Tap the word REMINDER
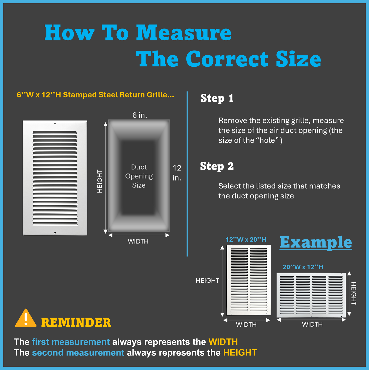tap(76, 323)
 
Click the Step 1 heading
tap(217, 98)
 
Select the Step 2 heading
tap(217, 166)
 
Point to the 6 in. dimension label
tap(140, 115)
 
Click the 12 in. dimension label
tap(177, 173)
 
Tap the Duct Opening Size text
tap(139, 176)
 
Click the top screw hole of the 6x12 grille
tap(55, 124)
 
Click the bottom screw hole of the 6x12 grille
tap(55, 233)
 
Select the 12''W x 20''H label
tap(246, 240)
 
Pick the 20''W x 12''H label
tap(303, 267)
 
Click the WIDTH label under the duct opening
tap(138, 241)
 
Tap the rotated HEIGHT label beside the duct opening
tap(100, 181)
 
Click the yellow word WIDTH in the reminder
tap(223, 342)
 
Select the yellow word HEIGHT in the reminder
tap(240, 353)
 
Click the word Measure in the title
tap(184, 33)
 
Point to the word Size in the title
tap(299, 59)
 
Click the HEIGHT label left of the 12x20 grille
tap(207, 281)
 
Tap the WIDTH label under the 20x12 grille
tap(312, 324)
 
